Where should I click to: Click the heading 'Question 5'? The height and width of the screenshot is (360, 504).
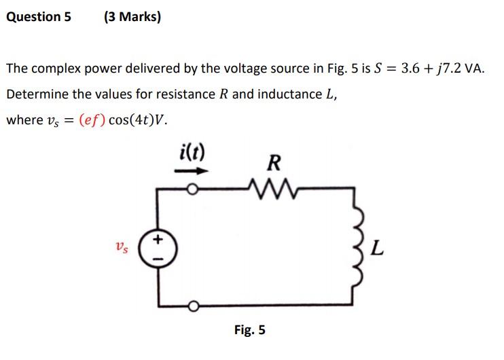pos(38,17)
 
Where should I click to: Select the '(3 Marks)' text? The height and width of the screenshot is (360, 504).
pos(132,17)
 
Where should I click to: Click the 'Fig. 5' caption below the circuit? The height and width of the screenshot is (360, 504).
pos(249,331)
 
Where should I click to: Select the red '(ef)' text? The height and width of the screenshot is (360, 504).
pos(92,120)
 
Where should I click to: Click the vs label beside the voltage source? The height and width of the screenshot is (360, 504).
pos(120,248)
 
